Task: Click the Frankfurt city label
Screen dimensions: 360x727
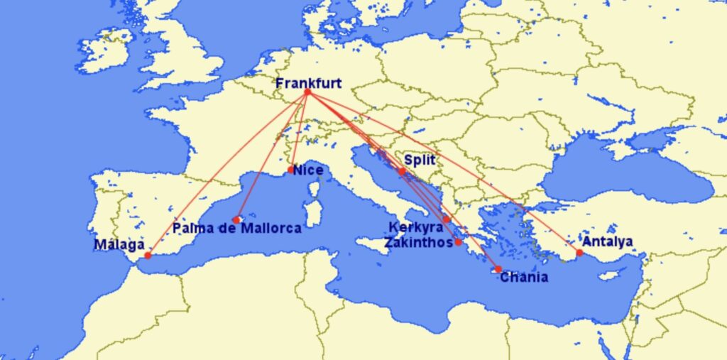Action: pos(308,83)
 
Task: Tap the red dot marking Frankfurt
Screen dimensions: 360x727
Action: pos(307,93)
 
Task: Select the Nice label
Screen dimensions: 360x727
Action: pos(308,170)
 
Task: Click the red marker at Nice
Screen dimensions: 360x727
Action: pos(291,170)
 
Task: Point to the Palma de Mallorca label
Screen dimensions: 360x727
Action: pos(236,229)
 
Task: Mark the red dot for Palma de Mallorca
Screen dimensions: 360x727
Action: pos(236,219)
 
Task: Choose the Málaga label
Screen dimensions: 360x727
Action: pos(119,245)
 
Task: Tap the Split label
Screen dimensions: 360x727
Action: pos(419,161)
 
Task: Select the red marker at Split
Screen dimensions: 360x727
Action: pos(402,171)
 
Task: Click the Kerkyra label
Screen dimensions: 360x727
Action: pos(415,228)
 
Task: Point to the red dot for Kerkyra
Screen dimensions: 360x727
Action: pos(447,219)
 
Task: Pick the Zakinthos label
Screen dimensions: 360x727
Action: pos(418,242)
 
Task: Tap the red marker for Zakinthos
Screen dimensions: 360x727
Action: pos(458,242)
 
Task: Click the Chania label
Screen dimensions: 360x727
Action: pos(524,277)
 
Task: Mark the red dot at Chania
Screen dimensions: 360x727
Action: pos(498,269)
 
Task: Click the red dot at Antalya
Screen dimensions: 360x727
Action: pos(579,252)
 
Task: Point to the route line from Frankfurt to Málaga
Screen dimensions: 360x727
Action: pos(227,174)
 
